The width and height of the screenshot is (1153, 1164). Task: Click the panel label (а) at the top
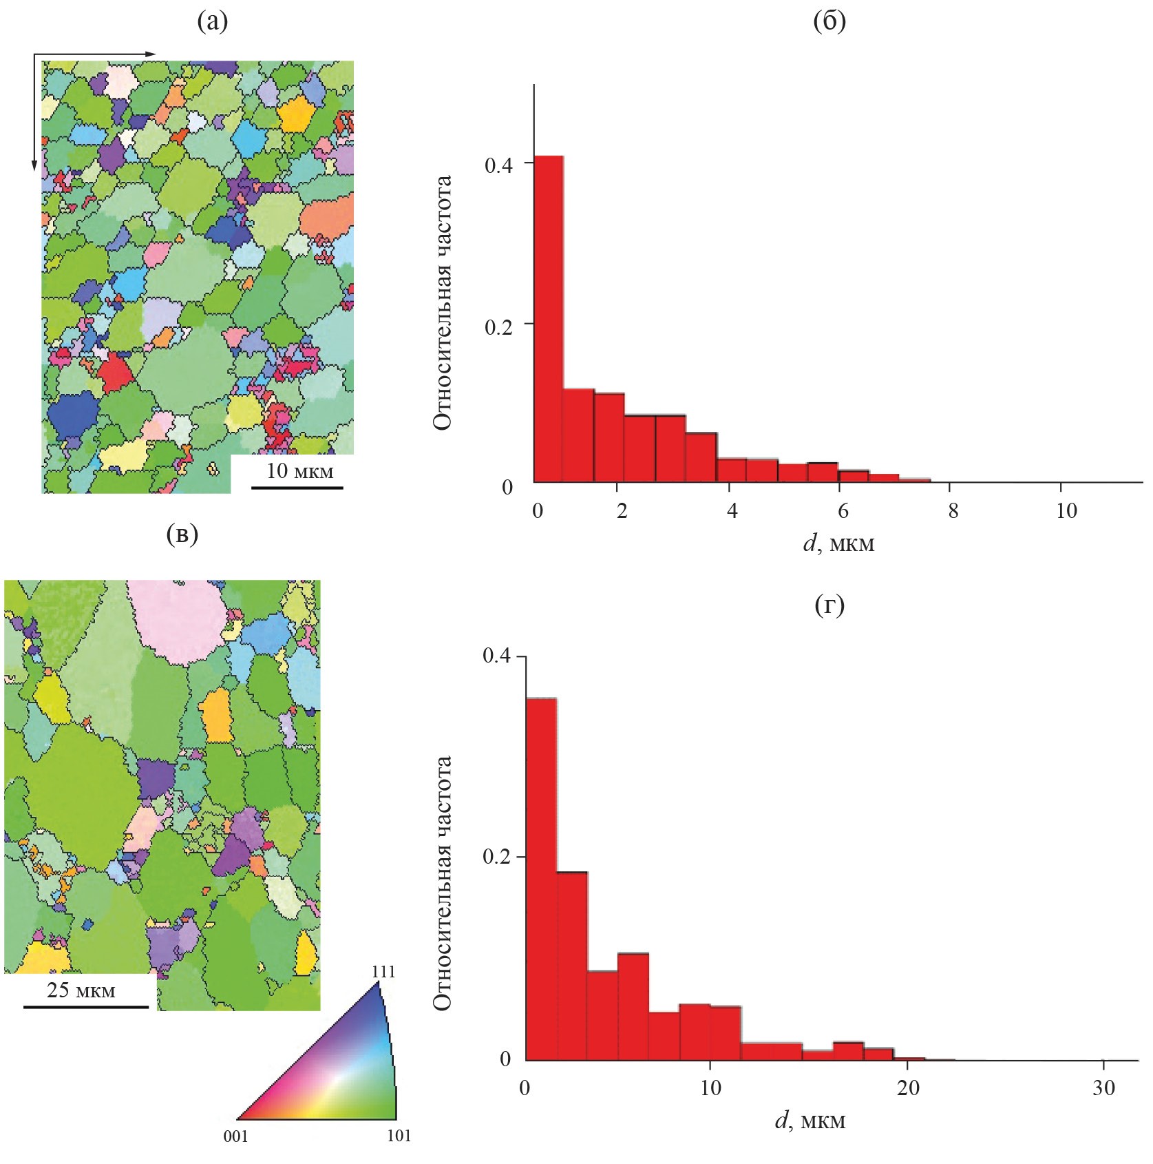(212, 22)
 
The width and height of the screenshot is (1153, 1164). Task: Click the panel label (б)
(829, 22)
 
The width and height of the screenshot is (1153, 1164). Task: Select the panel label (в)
(182, 534)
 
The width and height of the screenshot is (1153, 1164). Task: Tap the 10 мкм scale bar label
(299, 471)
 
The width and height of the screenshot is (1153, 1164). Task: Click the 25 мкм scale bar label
(81, 990)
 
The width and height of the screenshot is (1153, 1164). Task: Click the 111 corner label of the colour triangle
(383, 971)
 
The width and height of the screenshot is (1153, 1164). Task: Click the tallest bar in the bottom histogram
(541, 878)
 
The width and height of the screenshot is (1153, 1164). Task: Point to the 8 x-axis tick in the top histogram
(953, 511)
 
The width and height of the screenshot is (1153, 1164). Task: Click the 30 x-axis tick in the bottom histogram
(1103, 1086)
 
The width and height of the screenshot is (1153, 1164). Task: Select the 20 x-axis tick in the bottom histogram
(909, 1086)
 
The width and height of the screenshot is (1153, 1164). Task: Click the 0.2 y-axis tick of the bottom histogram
(497, 858)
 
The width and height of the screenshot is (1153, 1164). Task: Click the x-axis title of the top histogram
(838, 544)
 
